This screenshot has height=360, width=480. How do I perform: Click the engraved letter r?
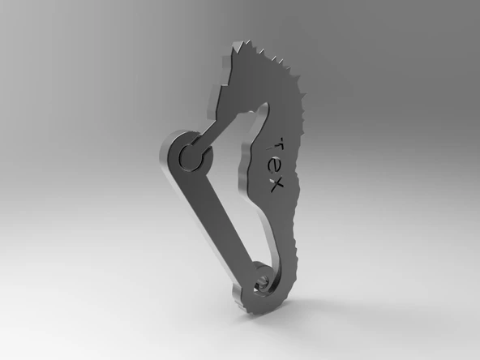click(x=278, y=141)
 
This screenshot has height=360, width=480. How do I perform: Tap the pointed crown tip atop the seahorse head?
click(x=236, y=48)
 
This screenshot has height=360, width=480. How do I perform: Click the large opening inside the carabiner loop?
click(x=231, y=195)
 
